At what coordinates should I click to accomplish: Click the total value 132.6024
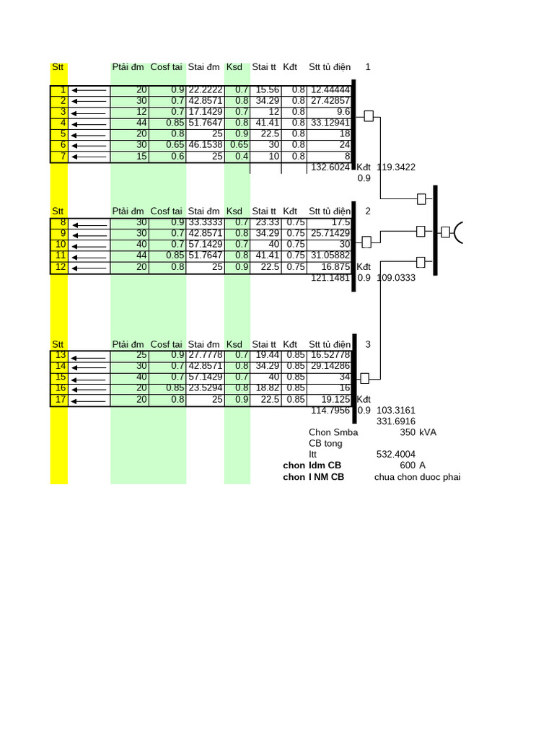pos(330,167)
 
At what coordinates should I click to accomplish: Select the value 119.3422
pos(396,167)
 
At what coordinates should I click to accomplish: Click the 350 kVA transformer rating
pos(418,432)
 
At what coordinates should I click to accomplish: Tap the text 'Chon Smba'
pos(333,432)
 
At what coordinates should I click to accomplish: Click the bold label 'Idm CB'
pos(324,465)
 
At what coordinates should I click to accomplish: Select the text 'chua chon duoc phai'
pos(417,477)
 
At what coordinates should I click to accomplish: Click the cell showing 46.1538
pos(205,145)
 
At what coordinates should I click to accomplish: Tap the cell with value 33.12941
pos(330,123)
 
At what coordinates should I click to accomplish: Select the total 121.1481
pos(330,278)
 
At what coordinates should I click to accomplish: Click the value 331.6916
pos(396,421)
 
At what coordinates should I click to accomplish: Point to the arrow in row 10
pos(89,245)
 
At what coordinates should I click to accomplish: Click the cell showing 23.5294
pos(205,388)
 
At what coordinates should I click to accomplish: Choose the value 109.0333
pos(396,278)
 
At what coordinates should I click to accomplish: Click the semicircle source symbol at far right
pos(459,232)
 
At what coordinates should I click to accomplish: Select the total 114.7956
pos(330,411)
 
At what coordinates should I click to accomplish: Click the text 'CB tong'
pos(325,444)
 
